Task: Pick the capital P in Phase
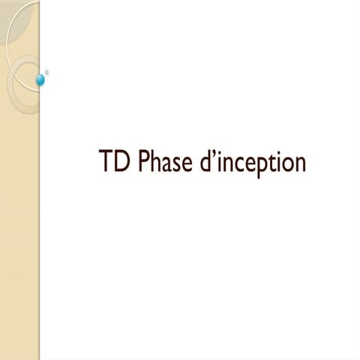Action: coord(144,162)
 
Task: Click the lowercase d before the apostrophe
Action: coord(206,162)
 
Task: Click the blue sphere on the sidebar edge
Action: coord(40,79)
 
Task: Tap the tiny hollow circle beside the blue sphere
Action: coord(47,72)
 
